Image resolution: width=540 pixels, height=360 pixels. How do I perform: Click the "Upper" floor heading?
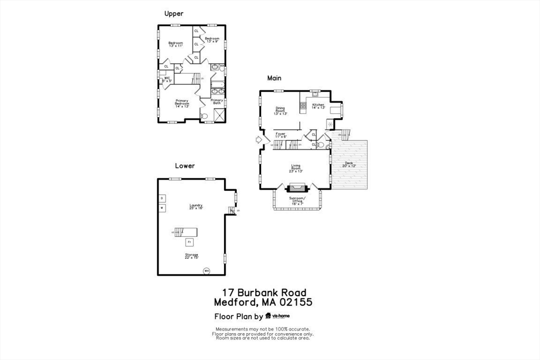click(173, 14)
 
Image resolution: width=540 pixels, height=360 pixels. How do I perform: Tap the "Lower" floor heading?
click(185, 166)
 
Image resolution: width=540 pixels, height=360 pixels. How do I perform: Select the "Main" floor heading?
click(274, 78)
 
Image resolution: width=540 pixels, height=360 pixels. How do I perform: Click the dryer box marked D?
click(162, 198)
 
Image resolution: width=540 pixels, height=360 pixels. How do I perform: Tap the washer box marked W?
click(162, 208)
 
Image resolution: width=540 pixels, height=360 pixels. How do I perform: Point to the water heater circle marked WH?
click(206, 271)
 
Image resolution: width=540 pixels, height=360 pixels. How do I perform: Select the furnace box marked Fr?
click(189, 242)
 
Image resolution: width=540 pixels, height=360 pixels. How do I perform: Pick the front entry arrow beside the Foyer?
click(257, 140)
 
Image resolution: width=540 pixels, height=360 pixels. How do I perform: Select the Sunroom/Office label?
click(297, 201)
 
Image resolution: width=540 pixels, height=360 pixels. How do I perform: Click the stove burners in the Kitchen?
click(303, 105)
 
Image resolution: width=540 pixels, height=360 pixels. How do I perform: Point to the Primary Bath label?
click(217, 101)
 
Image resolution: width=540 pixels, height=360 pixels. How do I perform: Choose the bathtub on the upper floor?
click(218, 83)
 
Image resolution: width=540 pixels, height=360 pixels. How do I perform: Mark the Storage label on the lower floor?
click(191, 256)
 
